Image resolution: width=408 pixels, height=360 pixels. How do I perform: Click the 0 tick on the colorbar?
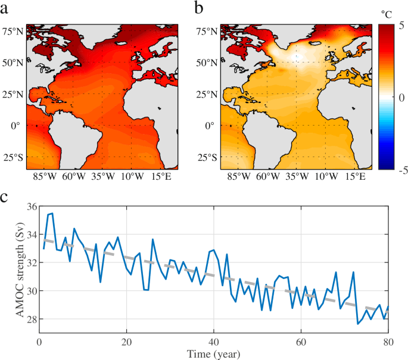(399, 96)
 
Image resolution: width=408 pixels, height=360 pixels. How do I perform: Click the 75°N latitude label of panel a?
(13, 31)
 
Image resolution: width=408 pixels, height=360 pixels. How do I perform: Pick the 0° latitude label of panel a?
(14, 126)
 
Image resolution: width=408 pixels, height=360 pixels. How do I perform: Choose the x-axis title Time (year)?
(213, 355)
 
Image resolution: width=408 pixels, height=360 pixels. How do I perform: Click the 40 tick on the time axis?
(213, 342)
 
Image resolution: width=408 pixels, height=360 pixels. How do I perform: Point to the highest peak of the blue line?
(52, 213)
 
